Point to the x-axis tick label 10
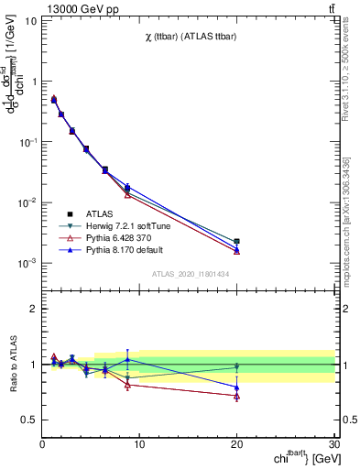[139, 444]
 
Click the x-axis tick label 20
[236, 444]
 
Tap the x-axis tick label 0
[42, 444]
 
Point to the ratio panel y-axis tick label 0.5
[27, 420]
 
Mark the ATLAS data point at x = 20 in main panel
[236, 242]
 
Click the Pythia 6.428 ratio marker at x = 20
[236, 396]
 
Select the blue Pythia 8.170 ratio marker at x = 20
[236, 387]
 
